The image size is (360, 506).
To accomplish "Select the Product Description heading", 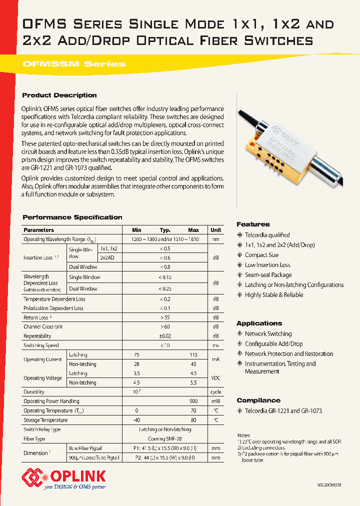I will point(59,95).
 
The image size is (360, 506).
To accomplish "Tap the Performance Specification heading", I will point(72,217).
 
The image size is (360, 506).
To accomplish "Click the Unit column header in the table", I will point(216,230).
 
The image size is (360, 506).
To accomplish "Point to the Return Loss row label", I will point(37,317).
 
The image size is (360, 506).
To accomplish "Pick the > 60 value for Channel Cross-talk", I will point(165,327).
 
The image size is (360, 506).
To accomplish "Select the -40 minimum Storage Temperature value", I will point(136,420).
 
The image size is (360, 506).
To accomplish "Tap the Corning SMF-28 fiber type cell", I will point(165,438).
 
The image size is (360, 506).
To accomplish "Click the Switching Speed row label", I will point(41,345).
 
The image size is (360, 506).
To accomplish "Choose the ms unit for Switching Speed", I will point(216,345).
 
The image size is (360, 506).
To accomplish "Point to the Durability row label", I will point(34,392).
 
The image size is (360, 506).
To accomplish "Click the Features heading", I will point(253,224).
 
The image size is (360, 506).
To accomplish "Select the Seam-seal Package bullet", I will point(268,275).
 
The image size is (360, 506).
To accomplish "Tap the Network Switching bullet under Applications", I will point(268,334).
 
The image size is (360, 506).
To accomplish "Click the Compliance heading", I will point(258,400).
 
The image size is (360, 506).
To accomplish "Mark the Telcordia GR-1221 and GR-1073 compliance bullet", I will point(283,411).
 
